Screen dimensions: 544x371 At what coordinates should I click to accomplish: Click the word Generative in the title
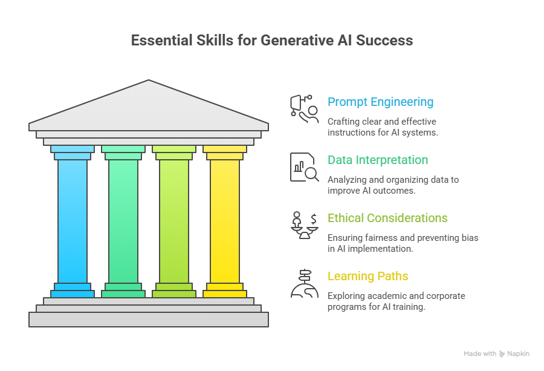point(297,41)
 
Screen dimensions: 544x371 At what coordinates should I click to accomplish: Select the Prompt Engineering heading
point(381,102)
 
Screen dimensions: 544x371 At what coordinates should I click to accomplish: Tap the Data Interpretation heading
point(378,160)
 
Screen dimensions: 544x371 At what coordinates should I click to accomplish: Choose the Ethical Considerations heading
point(387,218)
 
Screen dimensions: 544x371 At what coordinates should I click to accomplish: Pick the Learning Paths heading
point(368,276)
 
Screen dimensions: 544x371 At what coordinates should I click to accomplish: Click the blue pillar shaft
point(73,222)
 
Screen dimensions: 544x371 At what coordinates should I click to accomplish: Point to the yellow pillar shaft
point(225,222)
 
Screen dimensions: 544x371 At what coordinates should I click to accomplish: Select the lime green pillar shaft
point(174,222)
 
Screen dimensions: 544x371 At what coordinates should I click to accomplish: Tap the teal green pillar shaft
point(123,222)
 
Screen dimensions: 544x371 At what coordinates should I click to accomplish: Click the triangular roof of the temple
point(149,108)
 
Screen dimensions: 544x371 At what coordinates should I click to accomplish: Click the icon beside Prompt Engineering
point(304,109)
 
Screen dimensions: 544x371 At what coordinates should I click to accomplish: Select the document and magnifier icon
point(304,167)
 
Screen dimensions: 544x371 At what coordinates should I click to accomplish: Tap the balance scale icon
point(304,225)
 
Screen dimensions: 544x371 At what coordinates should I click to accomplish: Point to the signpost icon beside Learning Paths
point(304,283)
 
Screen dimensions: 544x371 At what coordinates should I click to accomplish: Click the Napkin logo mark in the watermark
point(502,353)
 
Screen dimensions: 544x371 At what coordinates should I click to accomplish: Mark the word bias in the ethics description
point(470,238)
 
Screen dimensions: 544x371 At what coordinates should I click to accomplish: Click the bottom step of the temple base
point(149,320)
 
